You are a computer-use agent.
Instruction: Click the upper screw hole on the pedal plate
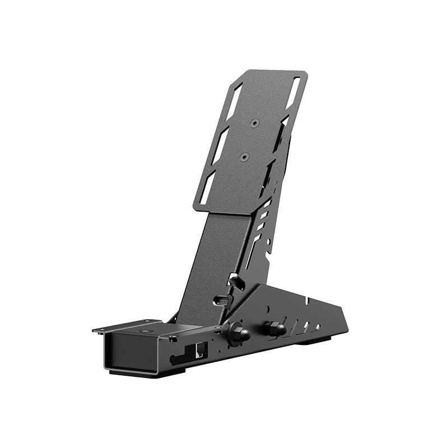pos(254,123)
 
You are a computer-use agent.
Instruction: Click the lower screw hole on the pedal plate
pos(244,157)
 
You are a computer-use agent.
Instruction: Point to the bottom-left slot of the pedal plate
pos(209,188)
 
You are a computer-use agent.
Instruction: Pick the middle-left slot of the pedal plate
pos(221,143)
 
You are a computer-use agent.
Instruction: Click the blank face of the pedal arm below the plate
pos(216,258)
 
